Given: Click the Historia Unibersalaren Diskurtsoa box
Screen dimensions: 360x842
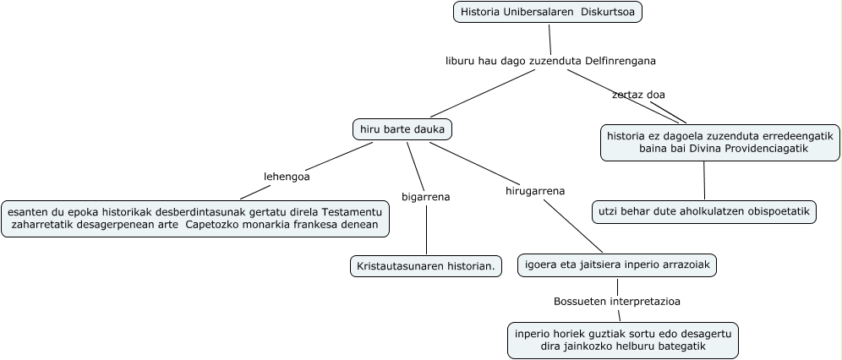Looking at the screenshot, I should [548, 12].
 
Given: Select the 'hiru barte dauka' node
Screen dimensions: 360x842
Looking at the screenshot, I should [402, 129].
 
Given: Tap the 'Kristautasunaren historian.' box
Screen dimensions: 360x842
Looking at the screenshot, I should [426, 266].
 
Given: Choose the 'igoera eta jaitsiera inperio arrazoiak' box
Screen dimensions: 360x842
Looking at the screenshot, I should [617, 265].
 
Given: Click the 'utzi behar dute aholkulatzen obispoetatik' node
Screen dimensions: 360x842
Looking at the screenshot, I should [704, 211].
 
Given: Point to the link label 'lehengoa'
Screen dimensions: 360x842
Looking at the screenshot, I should [287, 177].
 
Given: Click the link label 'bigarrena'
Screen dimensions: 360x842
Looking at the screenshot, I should [425, 197].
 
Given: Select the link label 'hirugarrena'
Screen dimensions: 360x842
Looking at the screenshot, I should [534, 191].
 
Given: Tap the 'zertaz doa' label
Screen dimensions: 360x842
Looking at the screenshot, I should [638, 95].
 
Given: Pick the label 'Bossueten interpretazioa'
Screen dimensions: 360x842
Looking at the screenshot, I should [617, 301].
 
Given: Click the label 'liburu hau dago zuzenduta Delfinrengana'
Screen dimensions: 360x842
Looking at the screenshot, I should [550, 61].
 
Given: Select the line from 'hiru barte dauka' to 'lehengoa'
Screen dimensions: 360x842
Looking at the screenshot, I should [338, 155].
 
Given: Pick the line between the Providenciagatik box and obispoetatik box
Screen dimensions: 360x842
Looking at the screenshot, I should [704, 180].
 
